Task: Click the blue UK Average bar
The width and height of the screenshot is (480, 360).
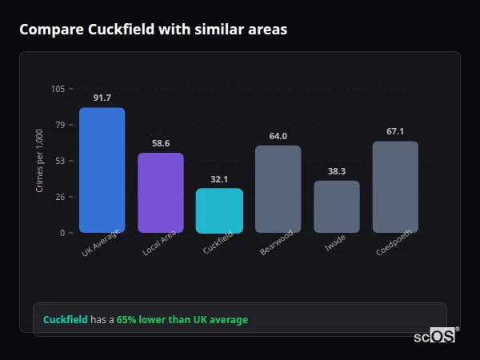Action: (x=102, y=170)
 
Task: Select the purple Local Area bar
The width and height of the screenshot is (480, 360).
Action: (x=161, y=193)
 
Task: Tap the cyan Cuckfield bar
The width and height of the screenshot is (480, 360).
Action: (x=219, y=210)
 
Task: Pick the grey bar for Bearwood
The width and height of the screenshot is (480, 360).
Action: (x=278, y=189)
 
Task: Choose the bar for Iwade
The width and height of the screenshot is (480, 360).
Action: (x=336, y=206)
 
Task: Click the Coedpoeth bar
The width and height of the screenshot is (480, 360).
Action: (x=395, y=187)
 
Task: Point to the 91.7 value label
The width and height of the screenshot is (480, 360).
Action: (x=102, y=98)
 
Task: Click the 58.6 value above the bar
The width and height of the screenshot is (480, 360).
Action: (x=161, y=143)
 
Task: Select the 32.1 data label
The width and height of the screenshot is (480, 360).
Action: (x=219, y=179)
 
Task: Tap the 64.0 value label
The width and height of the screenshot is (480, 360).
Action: (x=278, y=136)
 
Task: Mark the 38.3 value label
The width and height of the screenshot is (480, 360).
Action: (x=336, y=171)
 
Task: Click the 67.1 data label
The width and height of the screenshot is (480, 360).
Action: (x=395, y=131)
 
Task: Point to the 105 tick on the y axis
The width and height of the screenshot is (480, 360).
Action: (x=58, y=89)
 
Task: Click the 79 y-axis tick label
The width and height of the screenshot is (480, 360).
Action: (x=60, y=125)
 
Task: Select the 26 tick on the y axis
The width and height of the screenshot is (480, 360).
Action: (x=60, y=197)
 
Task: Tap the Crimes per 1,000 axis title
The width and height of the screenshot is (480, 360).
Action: (x=40, y=161)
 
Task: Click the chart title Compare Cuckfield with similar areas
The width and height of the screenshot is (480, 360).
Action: (x=153, y=30)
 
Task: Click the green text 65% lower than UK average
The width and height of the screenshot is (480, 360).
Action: (x=182, y=320)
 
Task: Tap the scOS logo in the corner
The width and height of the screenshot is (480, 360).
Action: (x=434, y=337)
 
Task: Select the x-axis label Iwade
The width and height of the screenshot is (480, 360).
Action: (x=334, y=243)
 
